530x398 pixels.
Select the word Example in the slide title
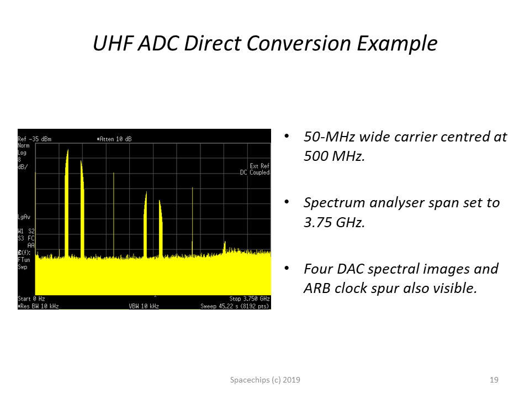[x=397, y=44]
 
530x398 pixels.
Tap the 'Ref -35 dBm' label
[x=34, y=139]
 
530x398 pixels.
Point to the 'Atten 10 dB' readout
[x=114, y=139]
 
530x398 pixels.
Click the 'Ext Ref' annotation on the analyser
[x=259, y=166]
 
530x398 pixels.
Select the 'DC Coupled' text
[x=255, y=172]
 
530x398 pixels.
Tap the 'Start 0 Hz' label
[x=31, y=298]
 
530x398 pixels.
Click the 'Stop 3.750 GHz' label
[x=250, y=298]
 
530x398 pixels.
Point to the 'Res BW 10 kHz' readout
[x=38, y=306]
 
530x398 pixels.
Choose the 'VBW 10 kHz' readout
[x=144, y=306]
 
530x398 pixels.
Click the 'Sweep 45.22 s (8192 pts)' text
[x=235, y=306]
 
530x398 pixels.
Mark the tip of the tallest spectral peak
[x=68, y=150]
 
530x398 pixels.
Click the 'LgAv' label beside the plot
[x=24, y=217]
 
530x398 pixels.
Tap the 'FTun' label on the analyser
[x=24, y=260]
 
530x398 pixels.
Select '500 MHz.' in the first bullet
[x=335, y=156]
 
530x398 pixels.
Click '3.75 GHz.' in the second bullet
[x=335, y=222]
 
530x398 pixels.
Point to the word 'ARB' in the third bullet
[x=317, y=289]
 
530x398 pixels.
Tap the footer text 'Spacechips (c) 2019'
[x=265, y=380]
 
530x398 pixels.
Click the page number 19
[x=494, y=380]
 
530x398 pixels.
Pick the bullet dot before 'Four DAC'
[x=287, y=269]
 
